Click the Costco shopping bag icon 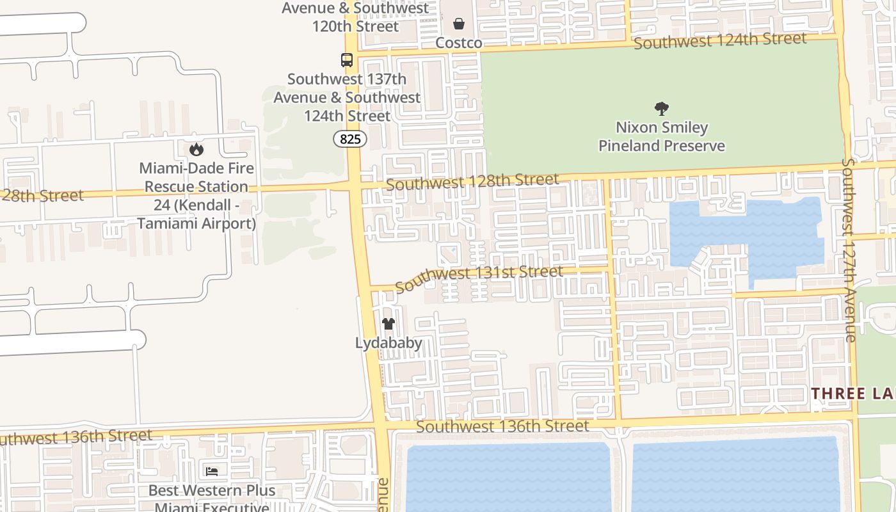point(459,24)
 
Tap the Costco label point(459,43)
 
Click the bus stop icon point(347,60)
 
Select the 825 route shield point(350,138)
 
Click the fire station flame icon point(196,149)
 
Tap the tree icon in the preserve point(662,109)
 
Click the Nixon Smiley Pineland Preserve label point(662,136)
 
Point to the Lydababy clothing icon point(388,324)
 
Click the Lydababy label point(388,343)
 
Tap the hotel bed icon point(212,472)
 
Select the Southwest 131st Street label point(479,278)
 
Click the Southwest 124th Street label point(720,41)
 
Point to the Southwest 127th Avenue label point(849,250)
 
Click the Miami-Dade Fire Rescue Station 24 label point(196,196)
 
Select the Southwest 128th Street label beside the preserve point(472,182)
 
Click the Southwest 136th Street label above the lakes point(502,426)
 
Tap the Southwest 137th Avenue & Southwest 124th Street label point(347,98)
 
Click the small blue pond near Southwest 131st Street point(449,250)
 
